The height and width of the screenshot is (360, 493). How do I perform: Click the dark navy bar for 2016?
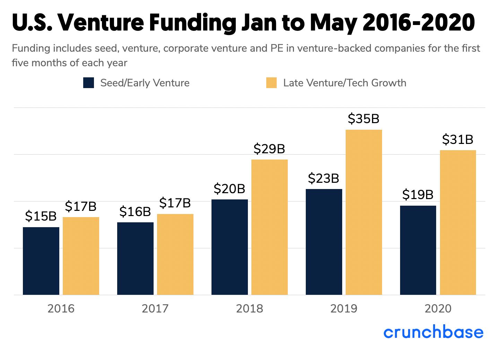(x=41, y=261)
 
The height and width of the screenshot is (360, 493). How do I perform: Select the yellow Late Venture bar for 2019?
(x=364, y=212)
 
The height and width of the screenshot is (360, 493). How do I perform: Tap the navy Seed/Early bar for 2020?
(x=418, y=250)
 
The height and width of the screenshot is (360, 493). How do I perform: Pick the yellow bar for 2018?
(x=269, y=227)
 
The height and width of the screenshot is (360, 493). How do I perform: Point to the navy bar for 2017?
(x=135, y=258)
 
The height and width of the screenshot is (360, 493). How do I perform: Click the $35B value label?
(x=364, y=119)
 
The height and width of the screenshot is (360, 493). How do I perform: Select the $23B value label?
(x=323, y=178)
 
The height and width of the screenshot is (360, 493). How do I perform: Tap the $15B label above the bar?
(x=41, y=216)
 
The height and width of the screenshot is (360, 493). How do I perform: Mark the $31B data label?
(x=458, y=139)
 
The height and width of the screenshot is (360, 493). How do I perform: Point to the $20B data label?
(x=230, y=189)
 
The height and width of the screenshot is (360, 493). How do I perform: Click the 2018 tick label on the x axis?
(x=250, y=308)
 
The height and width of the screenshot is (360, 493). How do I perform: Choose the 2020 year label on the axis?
(x=438, y=308)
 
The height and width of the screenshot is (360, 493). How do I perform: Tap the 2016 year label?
(x=61, y=308)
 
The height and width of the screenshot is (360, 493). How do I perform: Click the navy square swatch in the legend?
(x=88, y=83)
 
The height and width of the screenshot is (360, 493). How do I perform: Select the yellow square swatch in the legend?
(x=271, y=83)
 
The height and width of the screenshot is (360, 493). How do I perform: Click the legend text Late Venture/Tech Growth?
(x=345, y=83)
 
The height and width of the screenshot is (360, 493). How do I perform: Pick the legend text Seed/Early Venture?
(x=145, y=83)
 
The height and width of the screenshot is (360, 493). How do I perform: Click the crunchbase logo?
(x=433, y=332)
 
